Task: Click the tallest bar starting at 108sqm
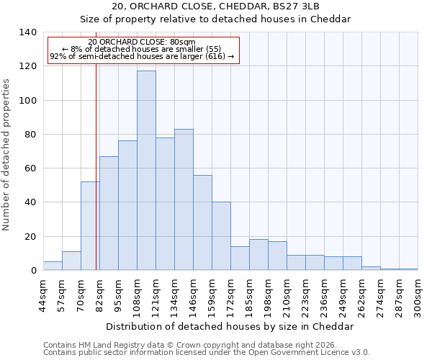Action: coord(146,171)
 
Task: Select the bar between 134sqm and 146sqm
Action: coord(184,199)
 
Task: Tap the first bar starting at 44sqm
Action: coord(53,266)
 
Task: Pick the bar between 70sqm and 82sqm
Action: coord(90,226)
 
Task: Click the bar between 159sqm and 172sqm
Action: coord(221,236)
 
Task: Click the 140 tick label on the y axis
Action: coord(27,32)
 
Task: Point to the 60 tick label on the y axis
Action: coord(30,168)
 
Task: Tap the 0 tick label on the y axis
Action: coord(32,271)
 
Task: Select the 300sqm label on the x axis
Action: coord(418,294)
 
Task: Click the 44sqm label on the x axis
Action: coord(43,294)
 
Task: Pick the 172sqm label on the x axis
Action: coord(230,294)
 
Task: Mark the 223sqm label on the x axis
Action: coord(305,294)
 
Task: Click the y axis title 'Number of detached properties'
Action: coord(6,155)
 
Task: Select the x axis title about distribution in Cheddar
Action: coord(230,326)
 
